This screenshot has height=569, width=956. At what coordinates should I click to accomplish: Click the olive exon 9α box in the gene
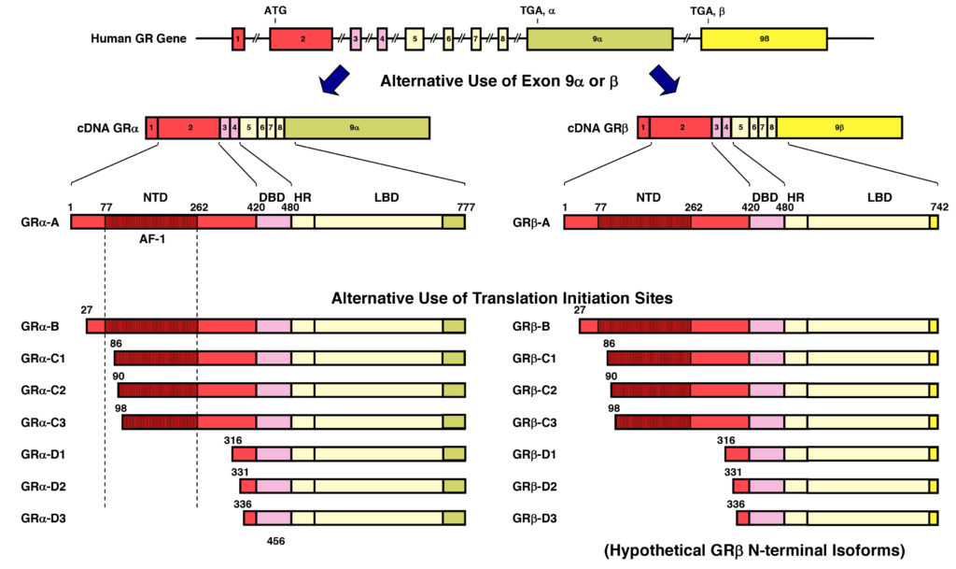pos(600,38)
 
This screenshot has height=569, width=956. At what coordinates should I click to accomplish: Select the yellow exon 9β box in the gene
pos(764,38)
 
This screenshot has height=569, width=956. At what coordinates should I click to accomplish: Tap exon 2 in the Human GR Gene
pos(302,38)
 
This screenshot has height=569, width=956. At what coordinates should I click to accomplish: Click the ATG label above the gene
pos(275,10)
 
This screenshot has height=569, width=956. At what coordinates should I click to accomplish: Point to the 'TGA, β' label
pos(708,11)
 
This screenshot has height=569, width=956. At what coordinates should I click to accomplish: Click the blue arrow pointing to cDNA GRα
pos(334,80)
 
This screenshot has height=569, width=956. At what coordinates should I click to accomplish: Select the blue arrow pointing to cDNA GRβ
pos(665,80)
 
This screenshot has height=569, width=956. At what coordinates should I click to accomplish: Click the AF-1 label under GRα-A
pos(152,239)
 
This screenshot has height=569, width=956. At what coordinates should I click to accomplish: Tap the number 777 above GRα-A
pos(466,207)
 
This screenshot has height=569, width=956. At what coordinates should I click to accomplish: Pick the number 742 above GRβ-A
pos(939,207)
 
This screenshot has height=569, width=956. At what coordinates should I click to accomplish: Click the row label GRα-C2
pos(43,391)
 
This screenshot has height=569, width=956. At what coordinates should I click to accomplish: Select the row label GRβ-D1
pos(535,454)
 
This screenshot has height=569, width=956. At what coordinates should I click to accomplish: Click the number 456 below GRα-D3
pos(275,541)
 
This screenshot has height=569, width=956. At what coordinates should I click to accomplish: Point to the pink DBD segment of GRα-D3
pos(274,519)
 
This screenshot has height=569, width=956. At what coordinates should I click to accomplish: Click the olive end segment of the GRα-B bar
pos(455,326)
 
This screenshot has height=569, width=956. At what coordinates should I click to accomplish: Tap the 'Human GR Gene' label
pos(138,38)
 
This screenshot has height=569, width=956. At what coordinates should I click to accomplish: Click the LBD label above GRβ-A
pos(879,197)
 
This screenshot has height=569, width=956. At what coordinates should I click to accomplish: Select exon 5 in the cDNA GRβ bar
pos(740,127)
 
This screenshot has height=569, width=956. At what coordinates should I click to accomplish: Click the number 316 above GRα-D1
pos(232,440)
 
